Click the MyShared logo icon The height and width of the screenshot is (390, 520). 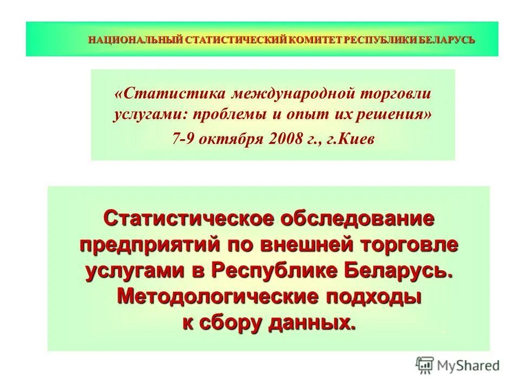(425, 365)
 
